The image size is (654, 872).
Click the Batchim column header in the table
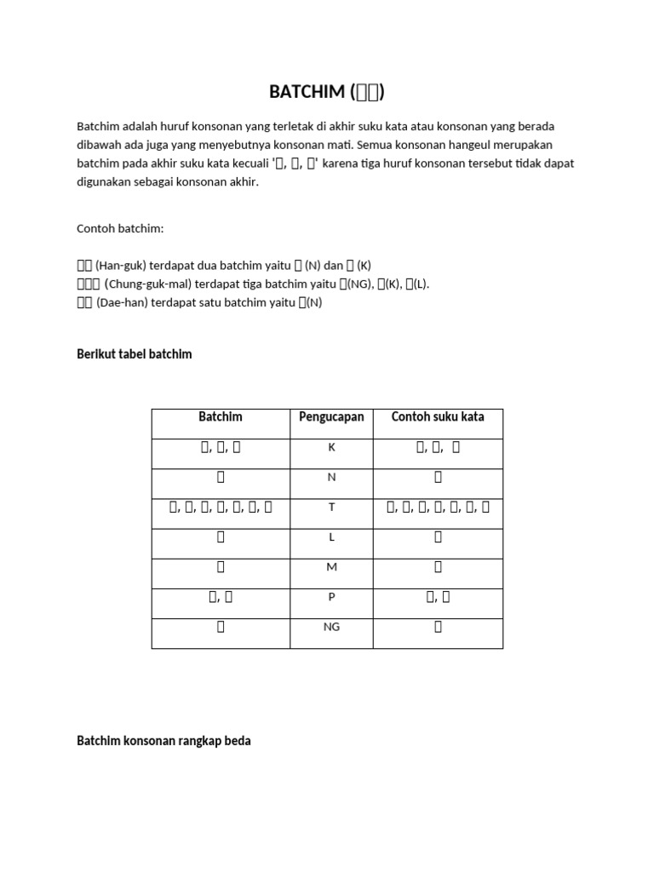pyautogui.click(x=221, y=417)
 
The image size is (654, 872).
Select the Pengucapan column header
pyautogui.click(x=331, y=417)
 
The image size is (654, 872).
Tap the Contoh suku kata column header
pyautogui.click(x=438, y=417)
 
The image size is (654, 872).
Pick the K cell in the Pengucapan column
pyautogui.click(x=332, y=448)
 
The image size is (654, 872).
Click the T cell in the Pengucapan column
pyautogui.click(x=332, y=508)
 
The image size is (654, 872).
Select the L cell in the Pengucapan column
pyautogui.click(x=332, y=537)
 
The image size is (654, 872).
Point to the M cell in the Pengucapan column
pyautogui.click(x=332, y=567)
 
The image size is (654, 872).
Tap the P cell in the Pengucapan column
pyautogui.click(x=332, y=597)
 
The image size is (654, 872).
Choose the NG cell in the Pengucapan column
pyautogui.click(x=332, y=627)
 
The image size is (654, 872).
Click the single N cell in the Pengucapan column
pyautogui.click(x=332, y=478)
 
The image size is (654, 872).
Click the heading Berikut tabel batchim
pyautogui.click(x=135, y=354)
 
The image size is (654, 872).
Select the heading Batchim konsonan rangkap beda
pyautogui.click(x=163, y=741)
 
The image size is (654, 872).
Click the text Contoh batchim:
pyautogui.click(x=119, y=228)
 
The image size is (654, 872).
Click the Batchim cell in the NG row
pyautogui.click(x=221, y=627)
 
